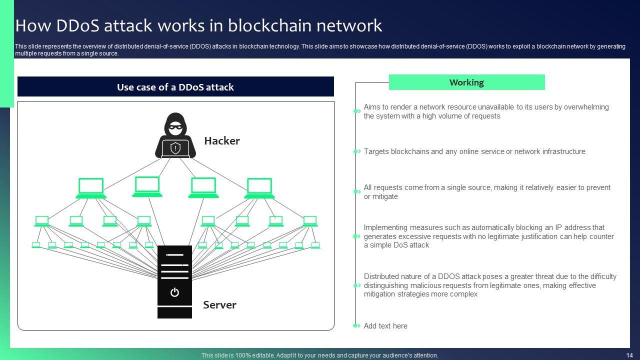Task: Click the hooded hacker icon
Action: pyautogui.click(x=175, y=135)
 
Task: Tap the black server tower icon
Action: pyautogui.click(x=174, y=281)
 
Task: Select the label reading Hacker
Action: pyautogui.click(x=222, y=141)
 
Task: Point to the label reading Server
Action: pyautogui.click(x=219, y=305)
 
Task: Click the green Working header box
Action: pyautogui.click(x=466, y=82)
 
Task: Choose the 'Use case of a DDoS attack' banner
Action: pyautogui.click(x=175, y=87)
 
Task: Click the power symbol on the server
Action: pyautogui.click(x=174, y=292)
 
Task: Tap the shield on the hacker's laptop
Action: pyautogui.click(x=175, y=148)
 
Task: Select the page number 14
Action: pyautogui.click(x=629, y=355)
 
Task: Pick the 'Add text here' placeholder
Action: pyautogui.click(x=385, y=326)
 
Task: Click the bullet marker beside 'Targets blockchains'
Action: pyautogui.click(x=357, y=151)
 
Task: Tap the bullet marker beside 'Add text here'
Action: pyautogui.click(x=357, y=326)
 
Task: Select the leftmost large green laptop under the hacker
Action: pyautogui.click(x=91, y=188)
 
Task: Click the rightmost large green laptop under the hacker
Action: pyautogui.click(x=259, y=188)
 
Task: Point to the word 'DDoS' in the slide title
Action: pyautogui.click(x=74, y=25)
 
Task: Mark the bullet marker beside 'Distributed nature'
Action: pyautogui.click(x=357, y=285)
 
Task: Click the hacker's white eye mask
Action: pyautogui.click(x=175, y=127)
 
